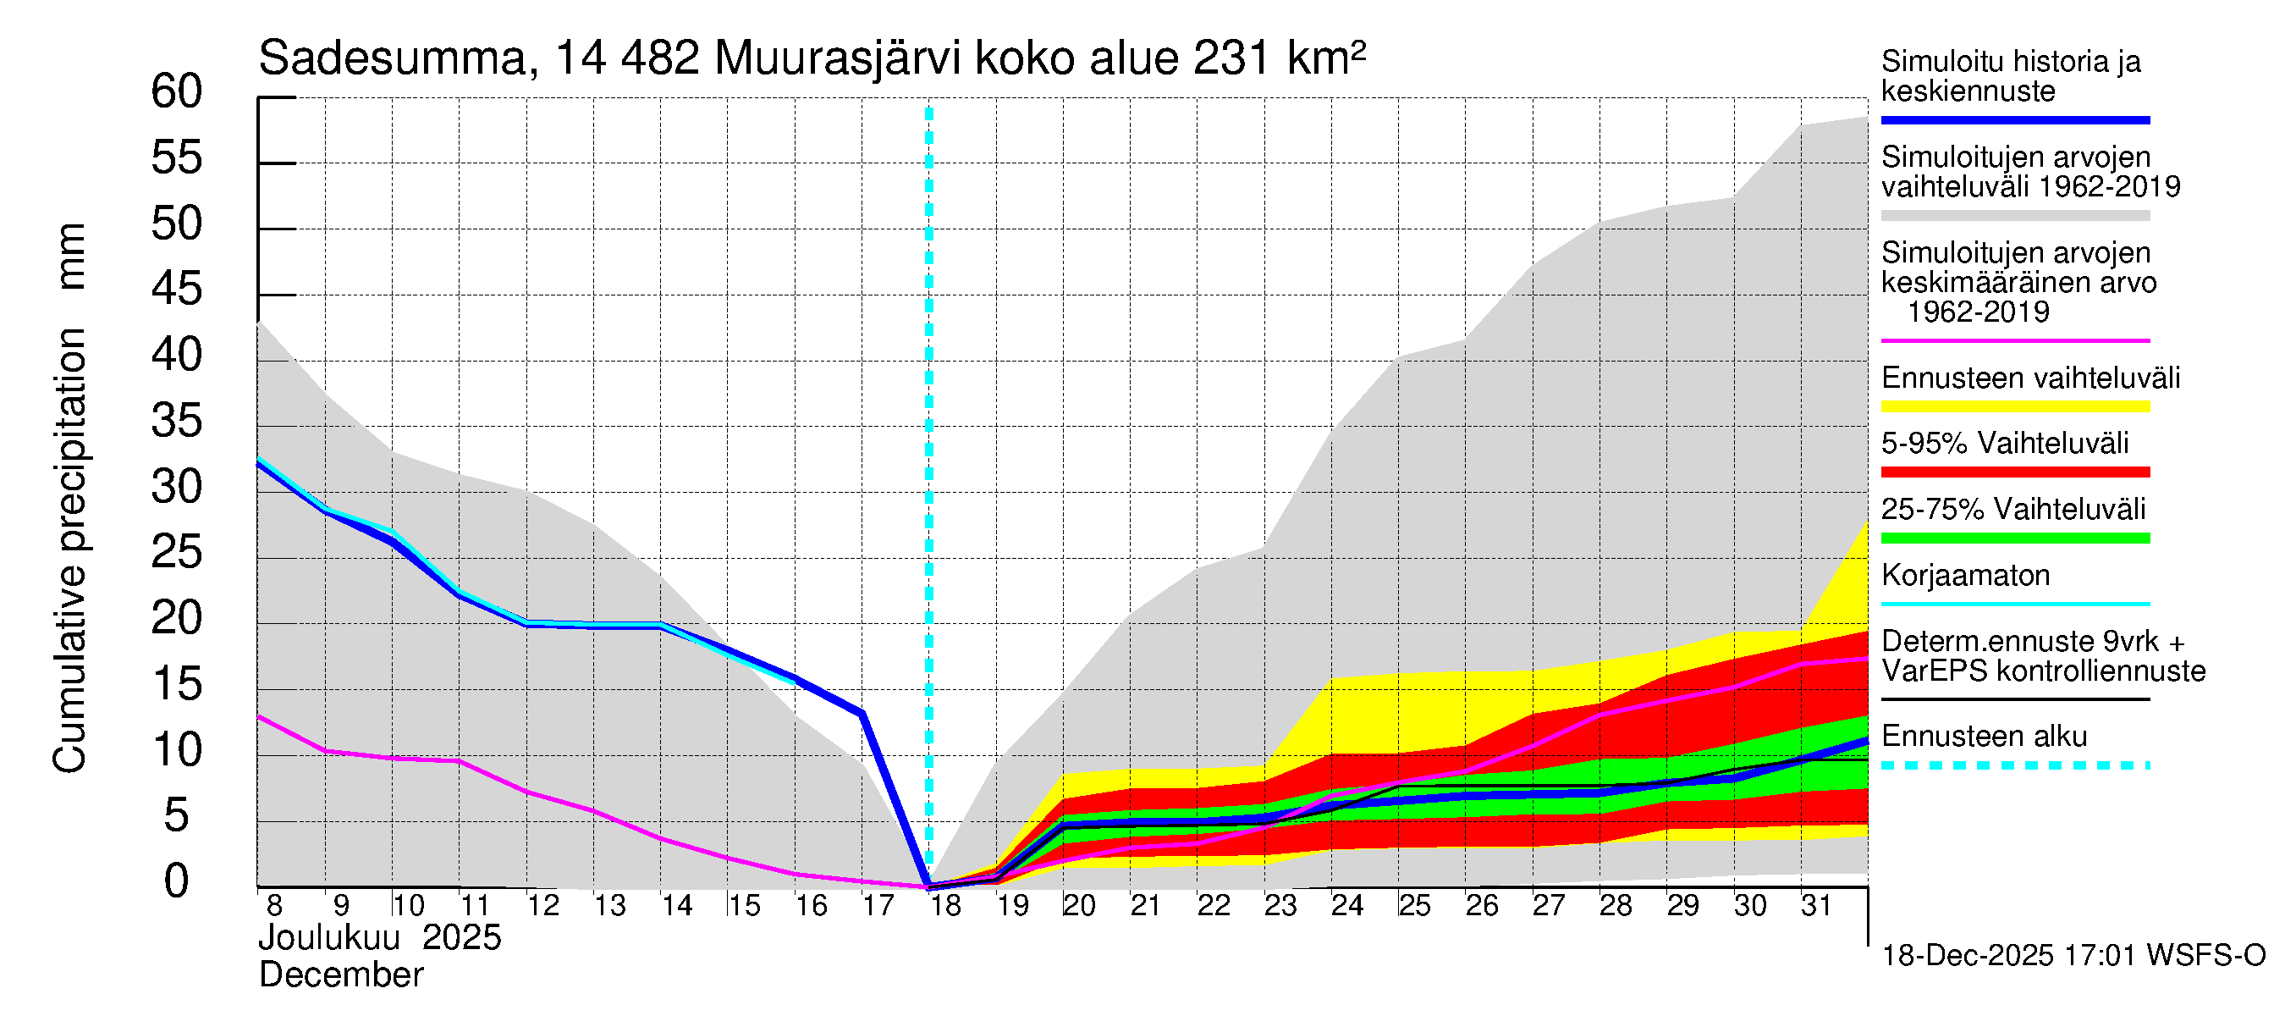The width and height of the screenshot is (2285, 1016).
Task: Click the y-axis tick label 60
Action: coord(177,91)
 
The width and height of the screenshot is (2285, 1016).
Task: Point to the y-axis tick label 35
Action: coord(177,421)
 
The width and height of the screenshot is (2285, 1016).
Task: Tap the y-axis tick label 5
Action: coord(177,815)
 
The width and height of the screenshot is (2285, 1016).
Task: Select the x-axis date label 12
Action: coord(542,906)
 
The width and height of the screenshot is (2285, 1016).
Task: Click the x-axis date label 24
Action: coord(1346,906)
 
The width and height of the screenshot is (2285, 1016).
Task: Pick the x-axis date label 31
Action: coord(1816,906)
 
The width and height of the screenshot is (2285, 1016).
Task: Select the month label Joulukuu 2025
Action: coord(380,938)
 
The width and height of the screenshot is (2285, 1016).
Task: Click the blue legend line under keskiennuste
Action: coord(2014,119)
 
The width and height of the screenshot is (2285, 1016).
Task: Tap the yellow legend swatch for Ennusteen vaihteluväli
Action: coord(2014,407)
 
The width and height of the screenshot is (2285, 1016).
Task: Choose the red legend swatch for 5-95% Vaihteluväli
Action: coord(2014,472)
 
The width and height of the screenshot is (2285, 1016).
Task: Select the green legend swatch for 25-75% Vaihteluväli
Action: coord(2014,538)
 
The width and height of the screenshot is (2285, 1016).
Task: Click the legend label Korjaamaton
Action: coord(1965,576)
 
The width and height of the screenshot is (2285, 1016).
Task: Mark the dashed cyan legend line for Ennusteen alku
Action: coord(2014,765)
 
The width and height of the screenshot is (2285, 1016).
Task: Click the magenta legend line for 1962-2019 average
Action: coord(2014,340)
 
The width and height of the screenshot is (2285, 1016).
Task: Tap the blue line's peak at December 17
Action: coord(862,714)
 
